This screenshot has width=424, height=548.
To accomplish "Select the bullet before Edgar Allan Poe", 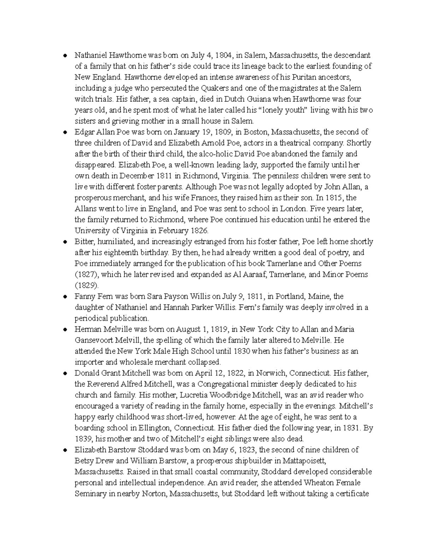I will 65,132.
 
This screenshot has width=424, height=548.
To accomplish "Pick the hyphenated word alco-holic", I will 216,154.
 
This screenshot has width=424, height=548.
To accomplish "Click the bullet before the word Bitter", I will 65,242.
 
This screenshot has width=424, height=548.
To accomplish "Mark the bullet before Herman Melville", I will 65,330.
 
